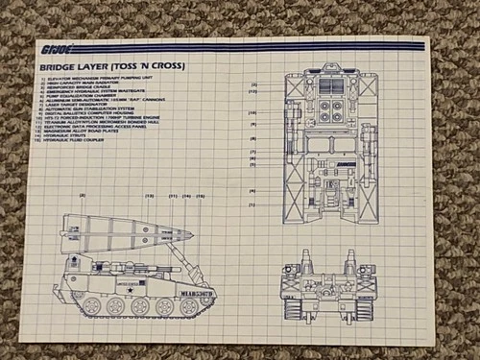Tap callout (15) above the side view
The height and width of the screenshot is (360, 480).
[202, 196]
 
